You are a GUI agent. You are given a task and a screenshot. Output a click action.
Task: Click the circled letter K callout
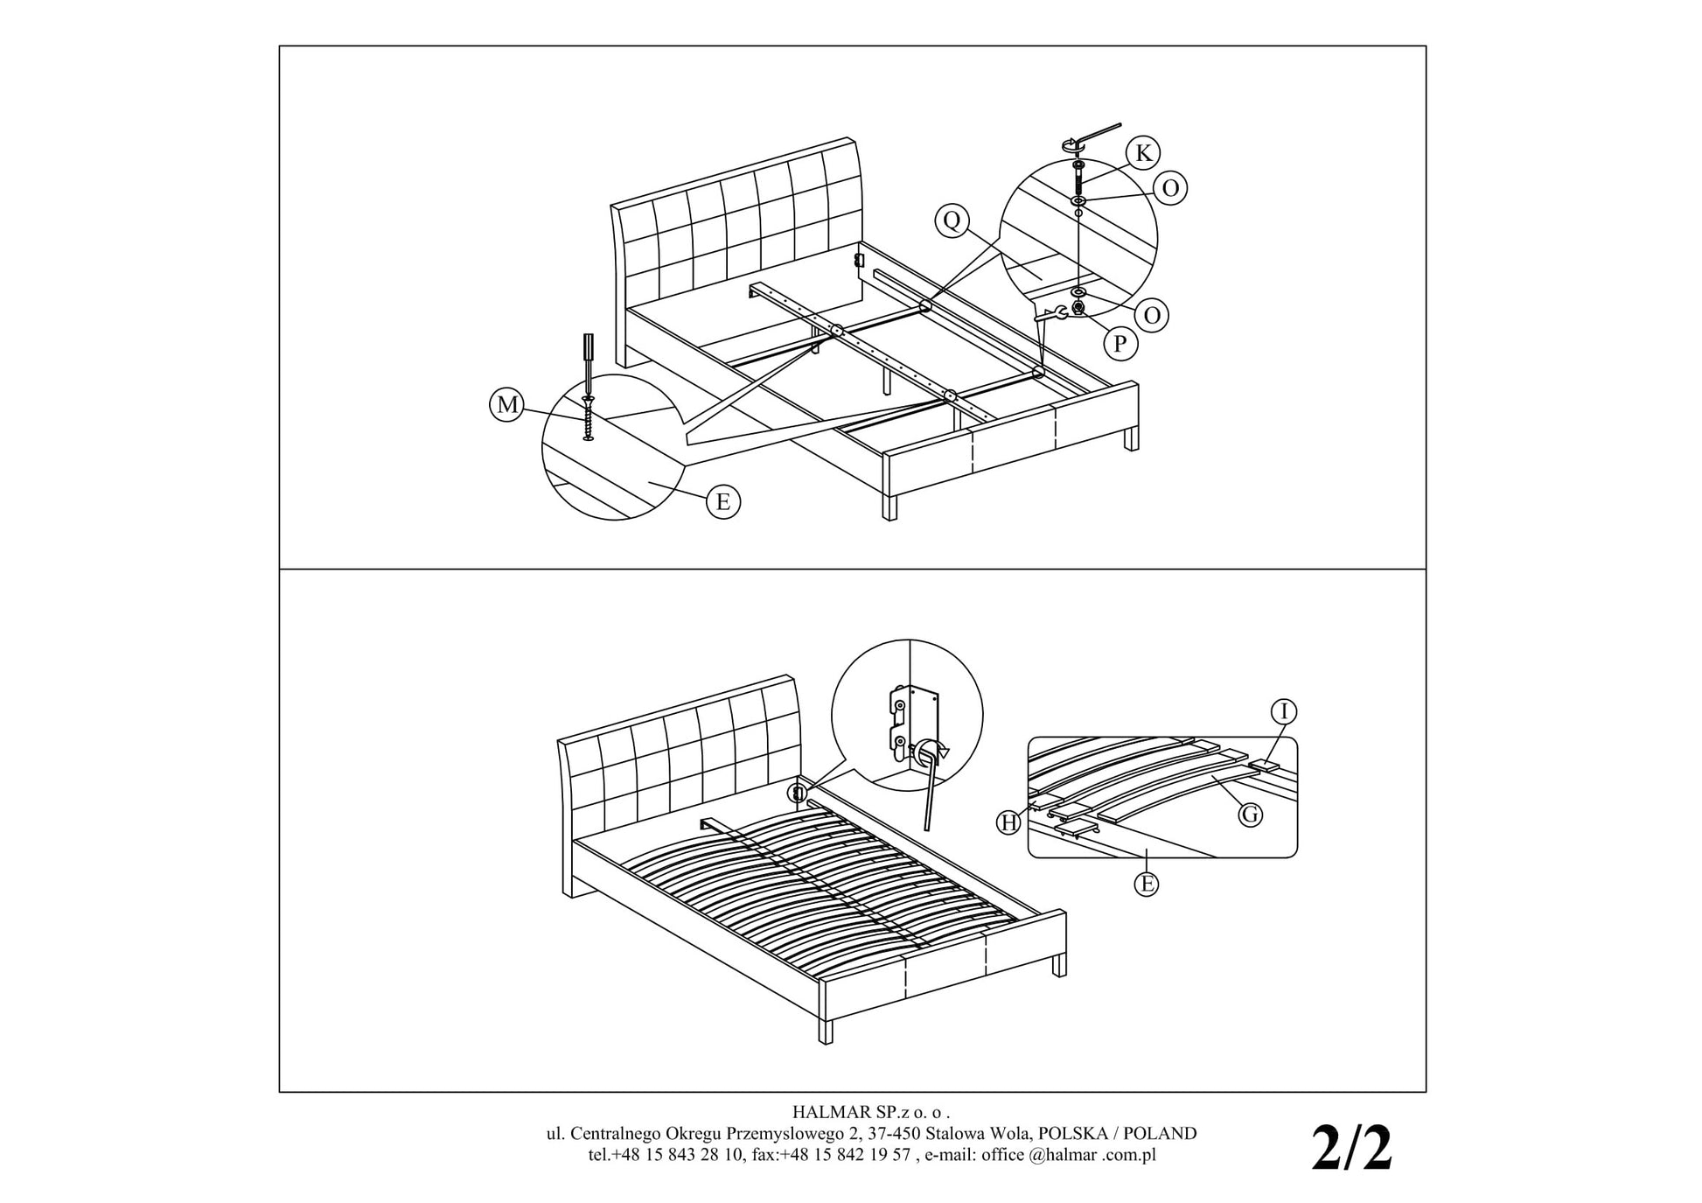pos(1142,153)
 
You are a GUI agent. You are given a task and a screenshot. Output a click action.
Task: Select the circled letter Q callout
pos(952,220)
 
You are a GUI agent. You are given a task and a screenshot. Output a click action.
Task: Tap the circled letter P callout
pos(1120,344)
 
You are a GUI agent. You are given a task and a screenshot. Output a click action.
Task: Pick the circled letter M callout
pos(506,405)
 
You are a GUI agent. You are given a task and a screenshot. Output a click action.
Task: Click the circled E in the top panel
pos(723,502)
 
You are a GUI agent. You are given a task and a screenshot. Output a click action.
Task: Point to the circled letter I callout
pos(1284,712)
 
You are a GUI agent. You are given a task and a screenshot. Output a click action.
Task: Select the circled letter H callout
pos(1009,822)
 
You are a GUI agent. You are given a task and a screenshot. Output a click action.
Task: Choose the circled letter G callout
pos(1251,815)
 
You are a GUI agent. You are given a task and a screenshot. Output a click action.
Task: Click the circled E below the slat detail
pos(1146,884)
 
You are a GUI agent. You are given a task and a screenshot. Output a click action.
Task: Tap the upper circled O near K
pos(1170,188)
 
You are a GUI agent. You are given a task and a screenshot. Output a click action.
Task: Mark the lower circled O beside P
pos(1152,315)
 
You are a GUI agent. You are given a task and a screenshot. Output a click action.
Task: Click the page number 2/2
pos(1350,1148)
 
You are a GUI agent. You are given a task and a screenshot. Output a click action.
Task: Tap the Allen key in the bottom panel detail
pos(929,787)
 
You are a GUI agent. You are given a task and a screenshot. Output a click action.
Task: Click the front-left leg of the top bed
pos(889,507)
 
